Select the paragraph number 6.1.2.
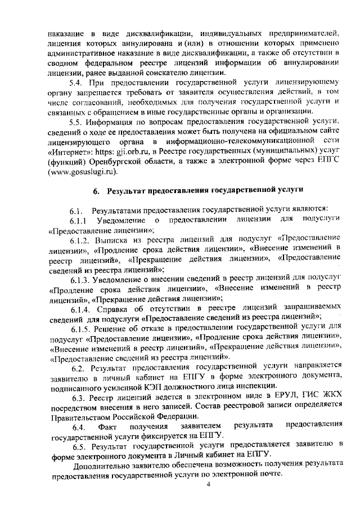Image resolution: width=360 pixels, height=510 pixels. (x=82, y=239)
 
